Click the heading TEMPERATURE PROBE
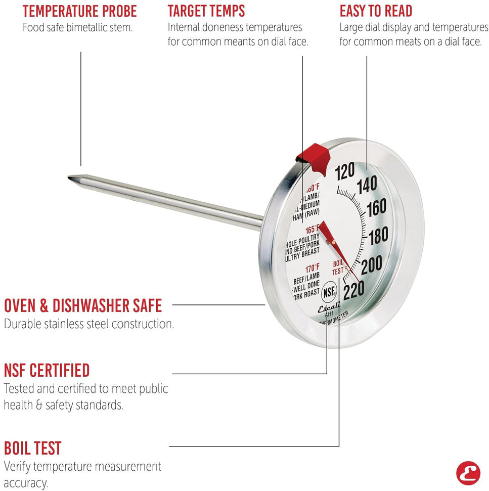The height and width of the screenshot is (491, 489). (79, 11)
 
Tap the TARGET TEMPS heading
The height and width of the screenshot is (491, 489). (206, 11)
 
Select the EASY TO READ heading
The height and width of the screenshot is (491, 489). (376, 11)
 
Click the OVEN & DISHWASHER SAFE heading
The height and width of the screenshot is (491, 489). (83, 305)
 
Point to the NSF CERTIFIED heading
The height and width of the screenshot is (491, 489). (47, 370)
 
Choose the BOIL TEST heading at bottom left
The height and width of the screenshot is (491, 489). (33, 448)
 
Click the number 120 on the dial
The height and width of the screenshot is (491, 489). (344, 172)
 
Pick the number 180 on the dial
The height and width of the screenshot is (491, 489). (378, 235)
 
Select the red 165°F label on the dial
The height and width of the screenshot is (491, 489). (311, 229)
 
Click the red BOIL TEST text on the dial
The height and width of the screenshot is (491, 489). (338, 267)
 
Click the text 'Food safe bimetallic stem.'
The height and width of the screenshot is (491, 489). (77, 27)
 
